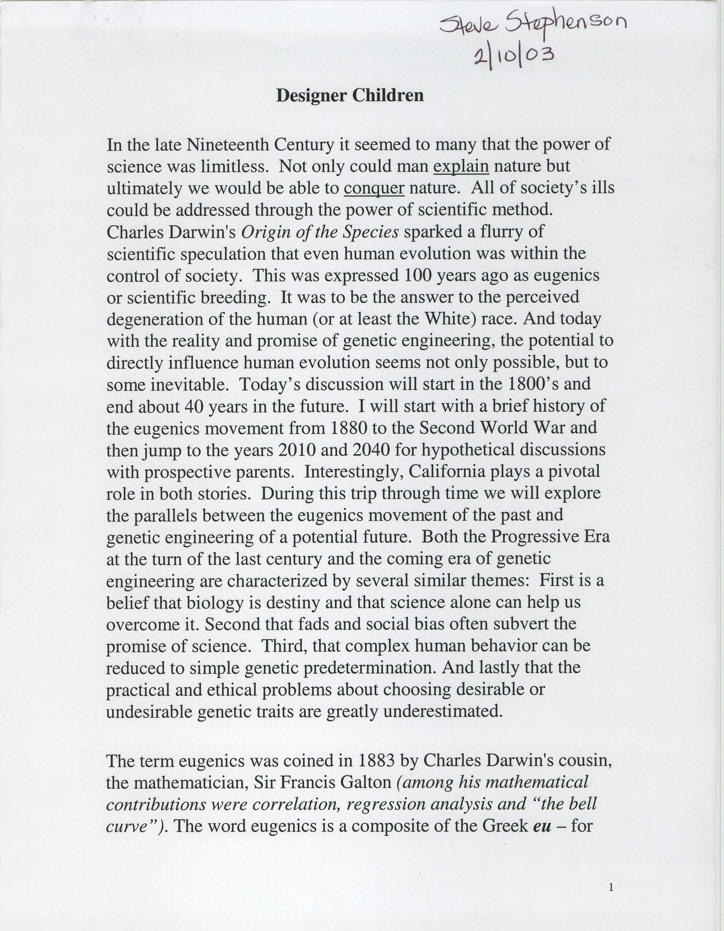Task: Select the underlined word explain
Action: tap(461, 166)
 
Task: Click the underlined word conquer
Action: tap(374, 188)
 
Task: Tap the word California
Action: tap(447, 471)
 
